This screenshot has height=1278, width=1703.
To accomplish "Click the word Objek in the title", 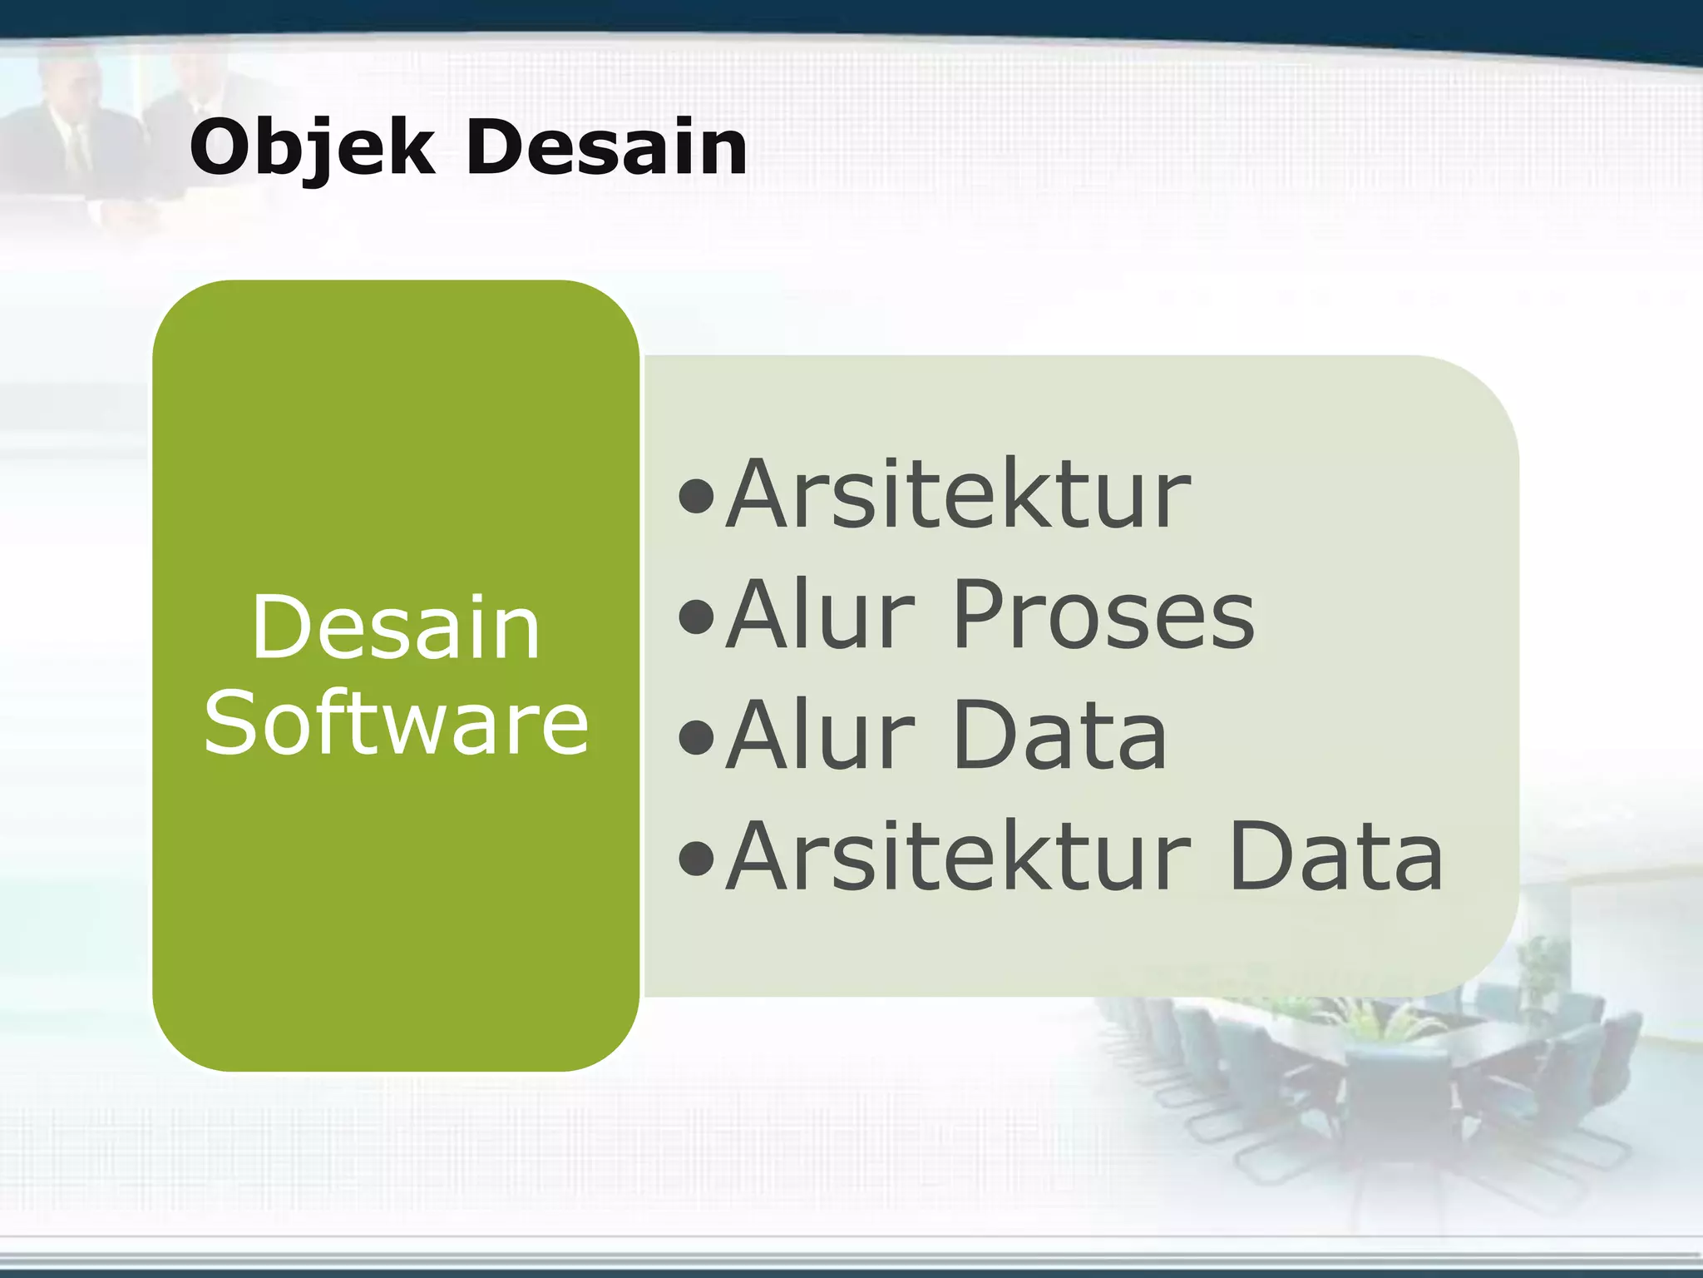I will [312, 148].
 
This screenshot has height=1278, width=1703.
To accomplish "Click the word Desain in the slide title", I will [606, 148].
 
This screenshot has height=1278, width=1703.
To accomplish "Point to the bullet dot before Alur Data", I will [696, 737].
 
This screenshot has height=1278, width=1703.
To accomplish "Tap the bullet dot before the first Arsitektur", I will [696, 497].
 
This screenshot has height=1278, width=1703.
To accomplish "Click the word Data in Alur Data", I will [1059, 736].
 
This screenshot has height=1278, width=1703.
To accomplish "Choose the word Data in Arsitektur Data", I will [1335, 857].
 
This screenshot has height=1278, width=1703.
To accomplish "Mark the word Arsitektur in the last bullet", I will [958, 857].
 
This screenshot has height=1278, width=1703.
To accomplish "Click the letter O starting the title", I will [220, 148].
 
